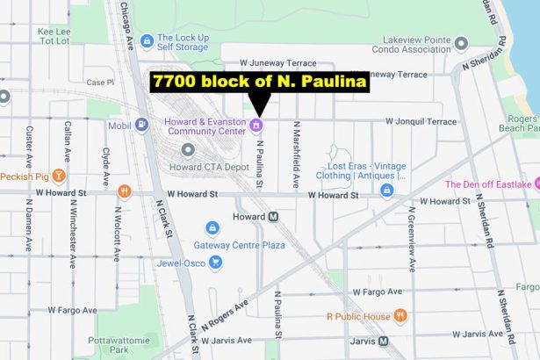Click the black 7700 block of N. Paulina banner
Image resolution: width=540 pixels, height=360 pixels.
pyautogui.click(x=260, y=82)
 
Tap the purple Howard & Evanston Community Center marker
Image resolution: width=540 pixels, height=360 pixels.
pyautogui.click(x=256, y=126)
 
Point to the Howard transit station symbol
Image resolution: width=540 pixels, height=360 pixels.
pyautogui.click(x=274, y=216)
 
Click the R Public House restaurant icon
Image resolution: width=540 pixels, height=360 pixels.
pyautogui.click(x=400, y=316)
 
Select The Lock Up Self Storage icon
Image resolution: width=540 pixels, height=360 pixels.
pyautogui.click(x=146, y=40)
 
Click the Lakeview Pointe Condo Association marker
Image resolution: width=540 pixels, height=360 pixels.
pyautogui.click(x=461, y=42)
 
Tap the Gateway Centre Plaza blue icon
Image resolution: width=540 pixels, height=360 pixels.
pyautogui.click(x=211, y=227)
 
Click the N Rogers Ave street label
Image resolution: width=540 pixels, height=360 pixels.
pyautogui.click(x=224, y=315)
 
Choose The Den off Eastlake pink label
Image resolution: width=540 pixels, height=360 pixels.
pyautogui.click(x=488, y=184)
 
